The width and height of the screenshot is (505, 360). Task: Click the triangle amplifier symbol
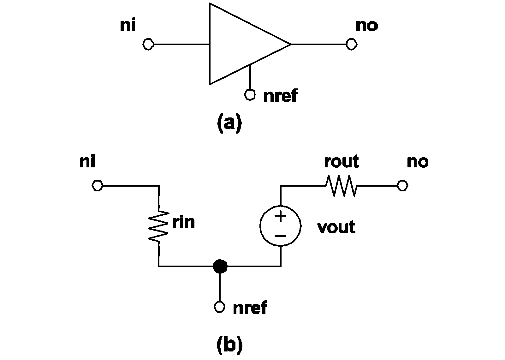pyautogui.click(x=240, y=44)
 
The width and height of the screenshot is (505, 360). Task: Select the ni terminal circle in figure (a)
pyautogui.click(x=148, y=44)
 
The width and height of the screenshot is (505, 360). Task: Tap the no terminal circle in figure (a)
pyautogui.click(x=351, y=44)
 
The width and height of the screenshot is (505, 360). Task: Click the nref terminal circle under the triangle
pyautogui.click(x=250, y=94)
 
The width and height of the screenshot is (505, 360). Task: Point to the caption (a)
pyautogui.click(x=229, y=123)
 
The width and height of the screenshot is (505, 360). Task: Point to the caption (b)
pyautogui.click(x=229, y=345)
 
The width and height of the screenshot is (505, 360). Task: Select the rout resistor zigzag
pyautogui.click(x=342, y=186)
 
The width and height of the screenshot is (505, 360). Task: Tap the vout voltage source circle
pyautogui.click(x=280, y=225)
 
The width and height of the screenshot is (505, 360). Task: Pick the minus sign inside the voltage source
pyautogui.click(x=280, y=236)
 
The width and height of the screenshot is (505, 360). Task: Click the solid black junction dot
pyautogui.click(x=220, y=266)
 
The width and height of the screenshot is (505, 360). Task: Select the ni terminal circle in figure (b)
pyautogui.click(x=97, y=186)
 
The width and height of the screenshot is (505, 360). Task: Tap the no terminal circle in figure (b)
pyautogui.click(x=402, y=186)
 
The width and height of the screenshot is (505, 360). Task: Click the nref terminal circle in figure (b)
pyautogui.click(x=220, y=306)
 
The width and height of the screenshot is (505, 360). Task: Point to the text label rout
pyautogui.click(x=342, y=162)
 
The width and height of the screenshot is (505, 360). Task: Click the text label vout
pyautogui.click(x=336, y=227)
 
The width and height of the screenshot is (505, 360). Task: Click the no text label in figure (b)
pyautogui.click(x=418, y=162)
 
